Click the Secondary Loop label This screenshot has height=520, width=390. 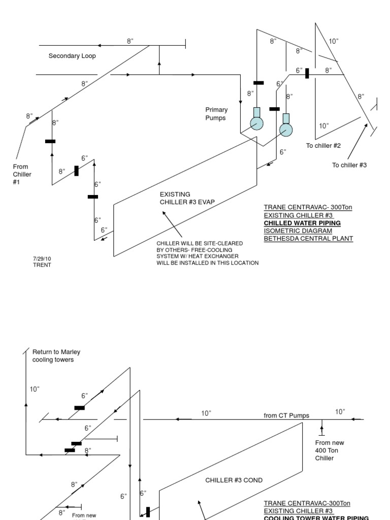point(72,56)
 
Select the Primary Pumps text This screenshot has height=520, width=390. point(216,114)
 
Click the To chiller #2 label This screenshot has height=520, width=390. point(323,146)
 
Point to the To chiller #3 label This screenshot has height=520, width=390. point(349,166)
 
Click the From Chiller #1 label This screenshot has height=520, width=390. point(22,174)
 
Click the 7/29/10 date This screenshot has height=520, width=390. point(42,258)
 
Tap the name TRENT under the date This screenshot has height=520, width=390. point(42,265)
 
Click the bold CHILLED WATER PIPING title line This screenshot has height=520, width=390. point(302,223)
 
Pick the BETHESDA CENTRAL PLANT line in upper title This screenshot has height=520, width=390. point(308,238)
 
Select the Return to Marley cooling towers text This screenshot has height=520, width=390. point(56,355)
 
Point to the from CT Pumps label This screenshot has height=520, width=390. point(286,415)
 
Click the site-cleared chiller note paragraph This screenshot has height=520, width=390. point(208,253)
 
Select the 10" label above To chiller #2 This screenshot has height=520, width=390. point(323,125)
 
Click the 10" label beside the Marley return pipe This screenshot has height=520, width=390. point(35,389)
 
